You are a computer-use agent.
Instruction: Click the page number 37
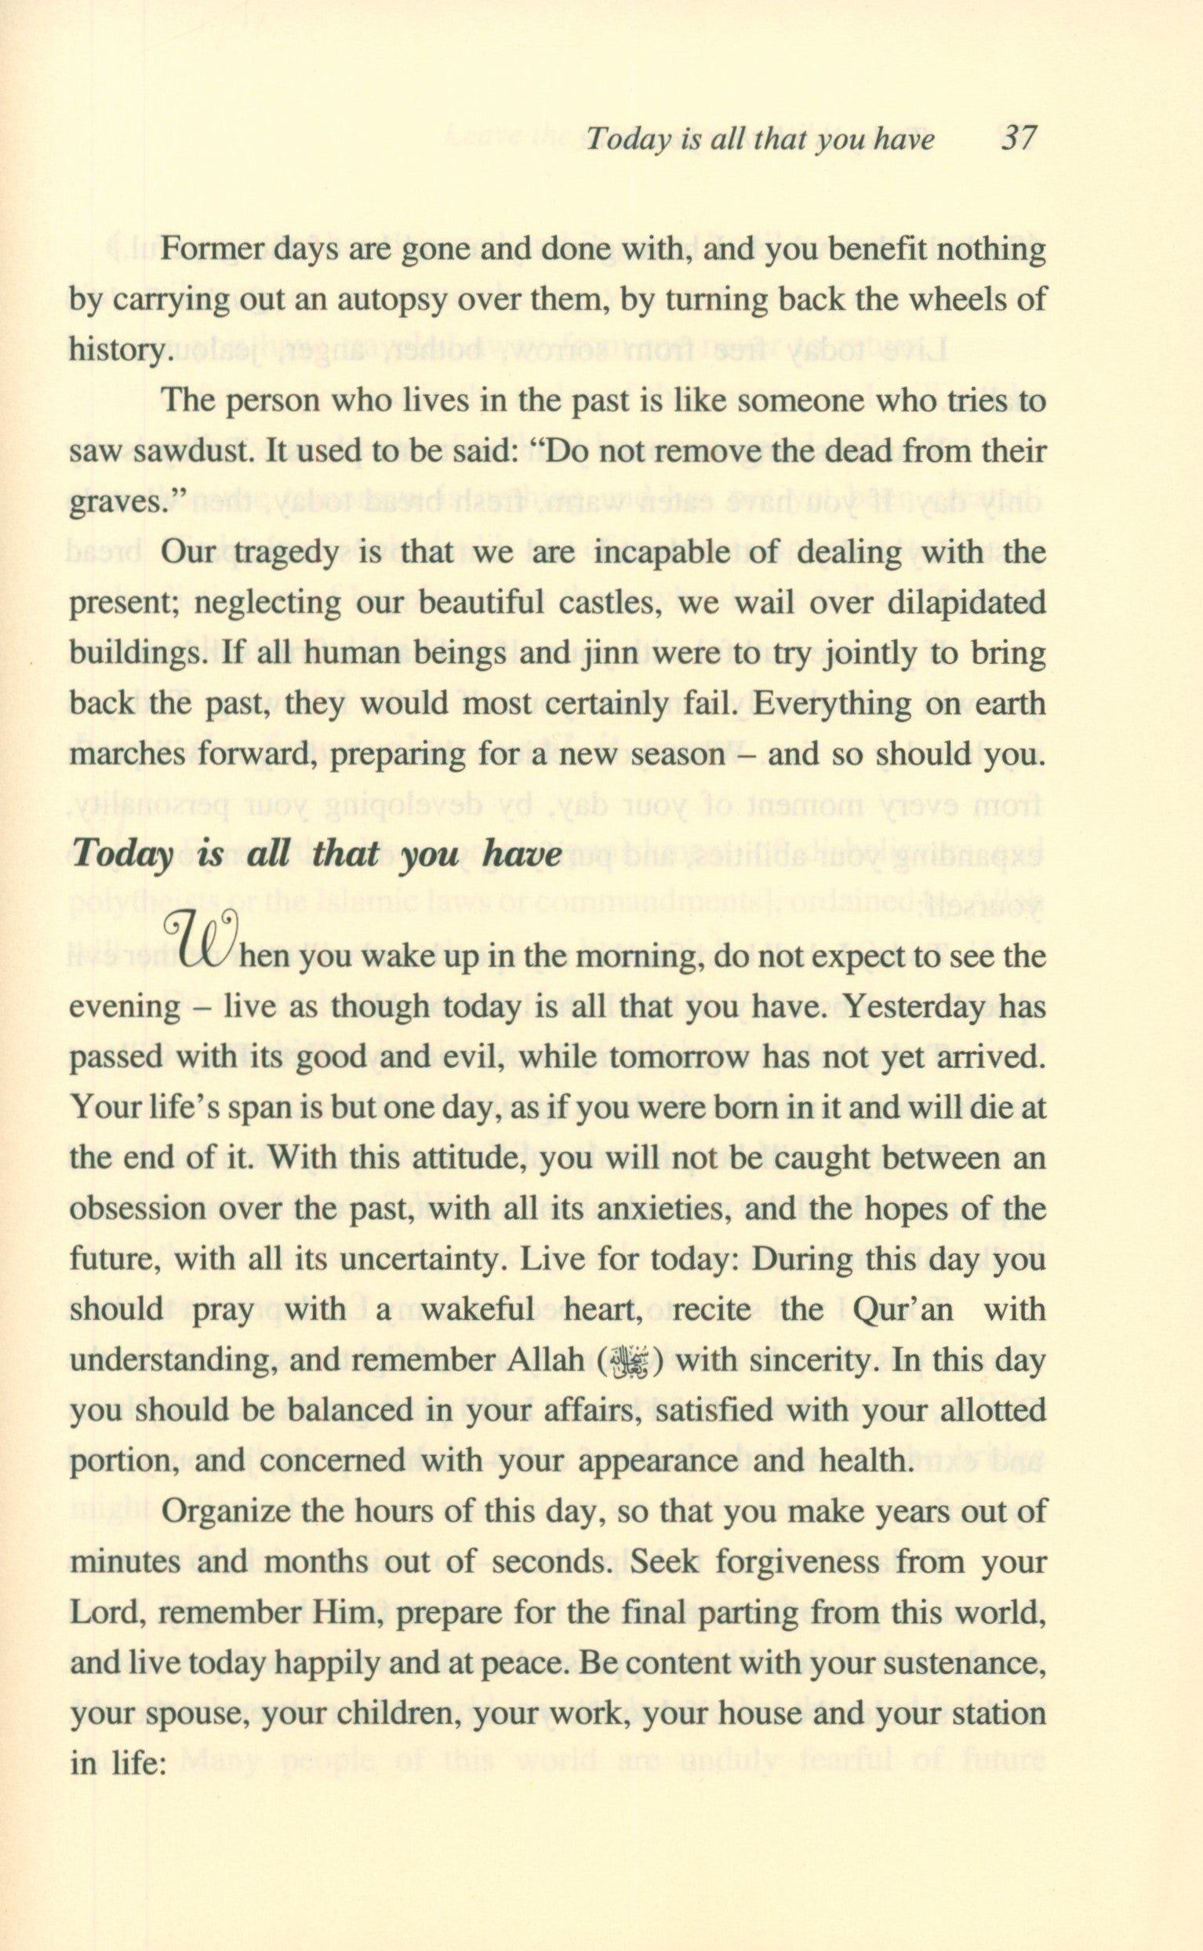(x=1018, y=140)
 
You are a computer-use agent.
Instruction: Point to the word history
(x=118, y=351)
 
